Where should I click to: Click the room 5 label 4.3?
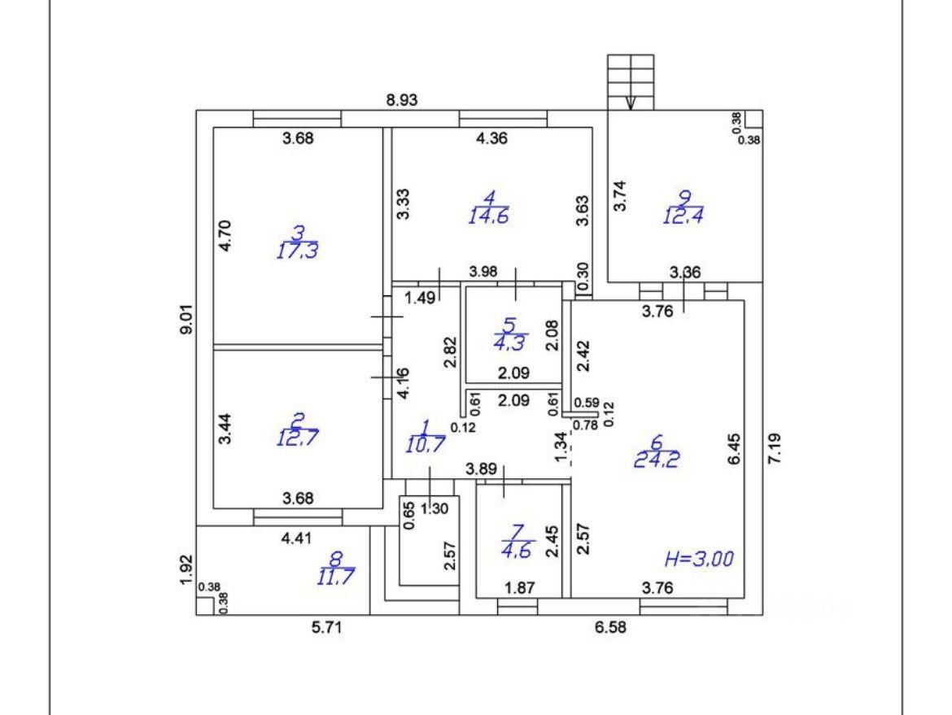coord(510,342)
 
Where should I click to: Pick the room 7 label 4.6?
coord(518,550)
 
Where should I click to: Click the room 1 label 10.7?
coord(424,444)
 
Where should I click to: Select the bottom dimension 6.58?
coord(615,628)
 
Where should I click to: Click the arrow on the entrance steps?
coord(631,102)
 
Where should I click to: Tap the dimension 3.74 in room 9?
coord(621,196)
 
